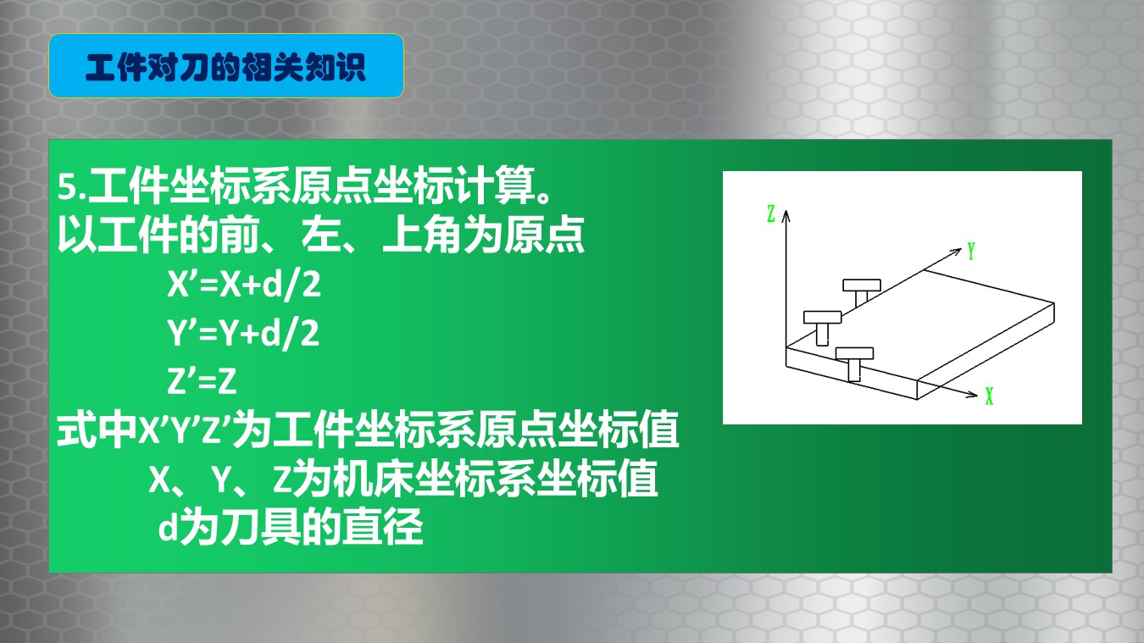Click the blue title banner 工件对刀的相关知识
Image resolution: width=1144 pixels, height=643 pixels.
pos(225,66)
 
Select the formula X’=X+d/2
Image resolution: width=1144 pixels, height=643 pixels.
pos(244,284)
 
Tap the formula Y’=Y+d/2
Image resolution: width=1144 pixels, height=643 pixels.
pos(243,333)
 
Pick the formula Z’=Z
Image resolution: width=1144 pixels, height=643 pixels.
pos(203,381)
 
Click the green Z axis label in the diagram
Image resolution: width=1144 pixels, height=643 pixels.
pos(771,213)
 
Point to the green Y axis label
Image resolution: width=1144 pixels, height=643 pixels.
pos(971,252)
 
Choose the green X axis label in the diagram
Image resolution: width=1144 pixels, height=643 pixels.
pos(989,396)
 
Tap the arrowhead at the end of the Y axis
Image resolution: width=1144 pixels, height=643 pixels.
pos(956,252)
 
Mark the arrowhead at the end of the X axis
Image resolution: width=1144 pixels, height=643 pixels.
pos(971,394)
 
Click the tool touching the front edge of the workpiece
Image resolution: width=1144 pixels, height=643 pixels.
pos(854,363)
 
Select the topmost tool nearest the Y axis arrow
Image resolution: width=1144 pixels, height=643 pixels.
pos(862,291)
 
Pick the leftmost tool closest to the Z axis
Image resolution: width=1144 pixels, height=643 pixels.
pos(822,327)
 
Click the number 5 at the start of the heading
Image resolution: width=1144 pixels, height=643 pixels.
pos(67,187)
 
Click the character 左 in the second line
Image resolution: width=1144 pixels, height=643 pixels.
pos(322,235)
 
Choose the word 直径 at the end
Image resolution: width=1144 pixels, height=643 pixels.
pos(383,526)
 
